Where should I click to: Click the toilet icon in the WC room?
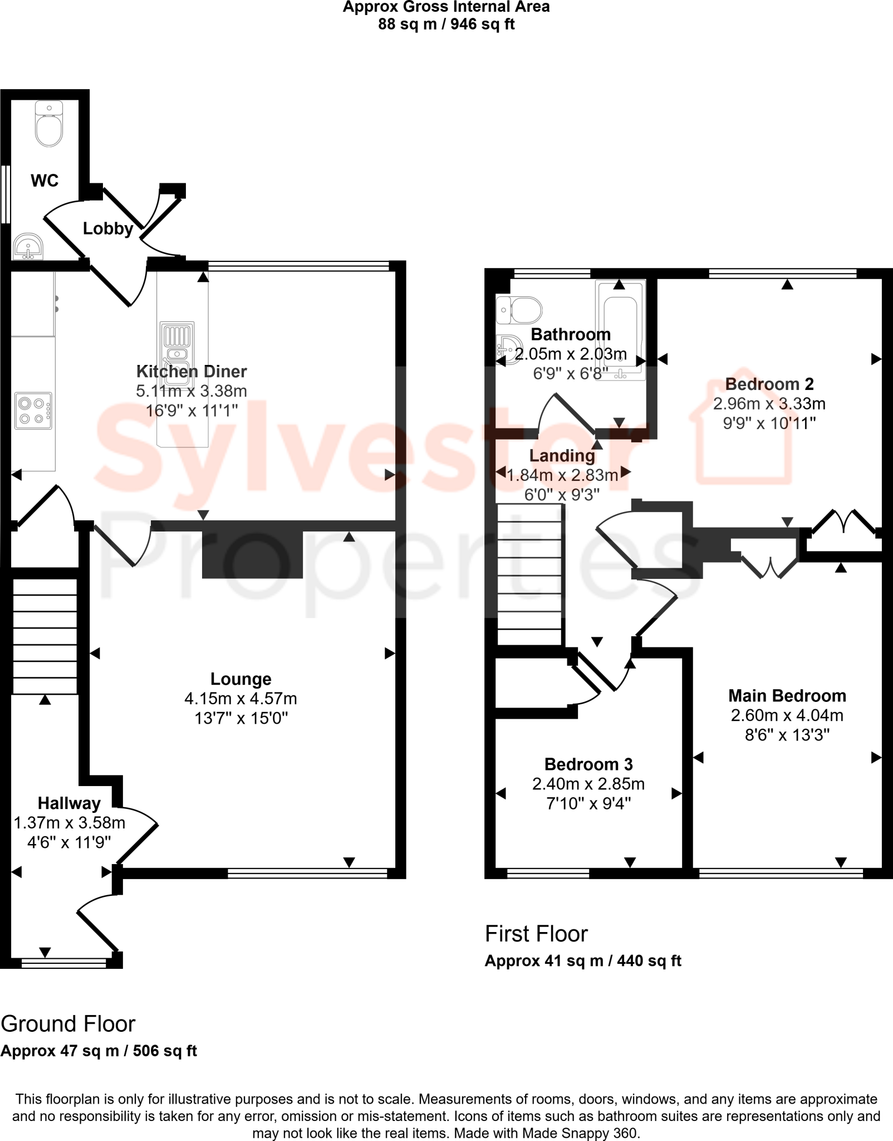click(x=49, y=124)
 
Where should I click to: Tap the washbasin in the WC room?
click(x=27, y=246)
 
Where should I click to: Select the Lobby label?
click(x=108, y=228)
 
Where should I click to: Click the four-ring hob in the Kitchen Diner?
click(x=33, y=411)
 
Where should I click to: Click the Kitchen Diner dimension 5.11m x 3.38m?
click(x=192, y=391)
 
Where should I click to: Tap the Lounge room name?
click(x=241, y=679)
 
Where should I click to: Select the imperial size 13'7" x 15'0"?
click(x=241, y=718)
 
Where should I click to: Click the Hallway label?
click(x=69, y=803)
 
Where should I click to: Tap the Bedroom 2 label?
click(x=769, y=384)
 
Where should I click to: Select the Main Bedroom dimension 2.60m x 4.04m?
click(x=787, y=715)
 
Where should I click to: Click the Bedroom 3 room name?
click(x=588, y=764)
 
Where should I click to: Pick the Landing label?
click(x=562, y=455)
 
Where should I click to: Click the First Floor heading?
click(x=536, y=934)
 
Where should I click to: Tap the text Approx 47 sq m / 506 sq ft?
click(x=99, y=1051)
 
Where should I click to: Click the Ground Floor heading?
click(x=68, y=1024)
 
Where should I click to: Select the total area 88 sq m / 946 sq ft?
click(x=446, y=25)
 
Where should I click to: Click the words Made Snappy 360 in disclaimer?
click(x=579, y=1133)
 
